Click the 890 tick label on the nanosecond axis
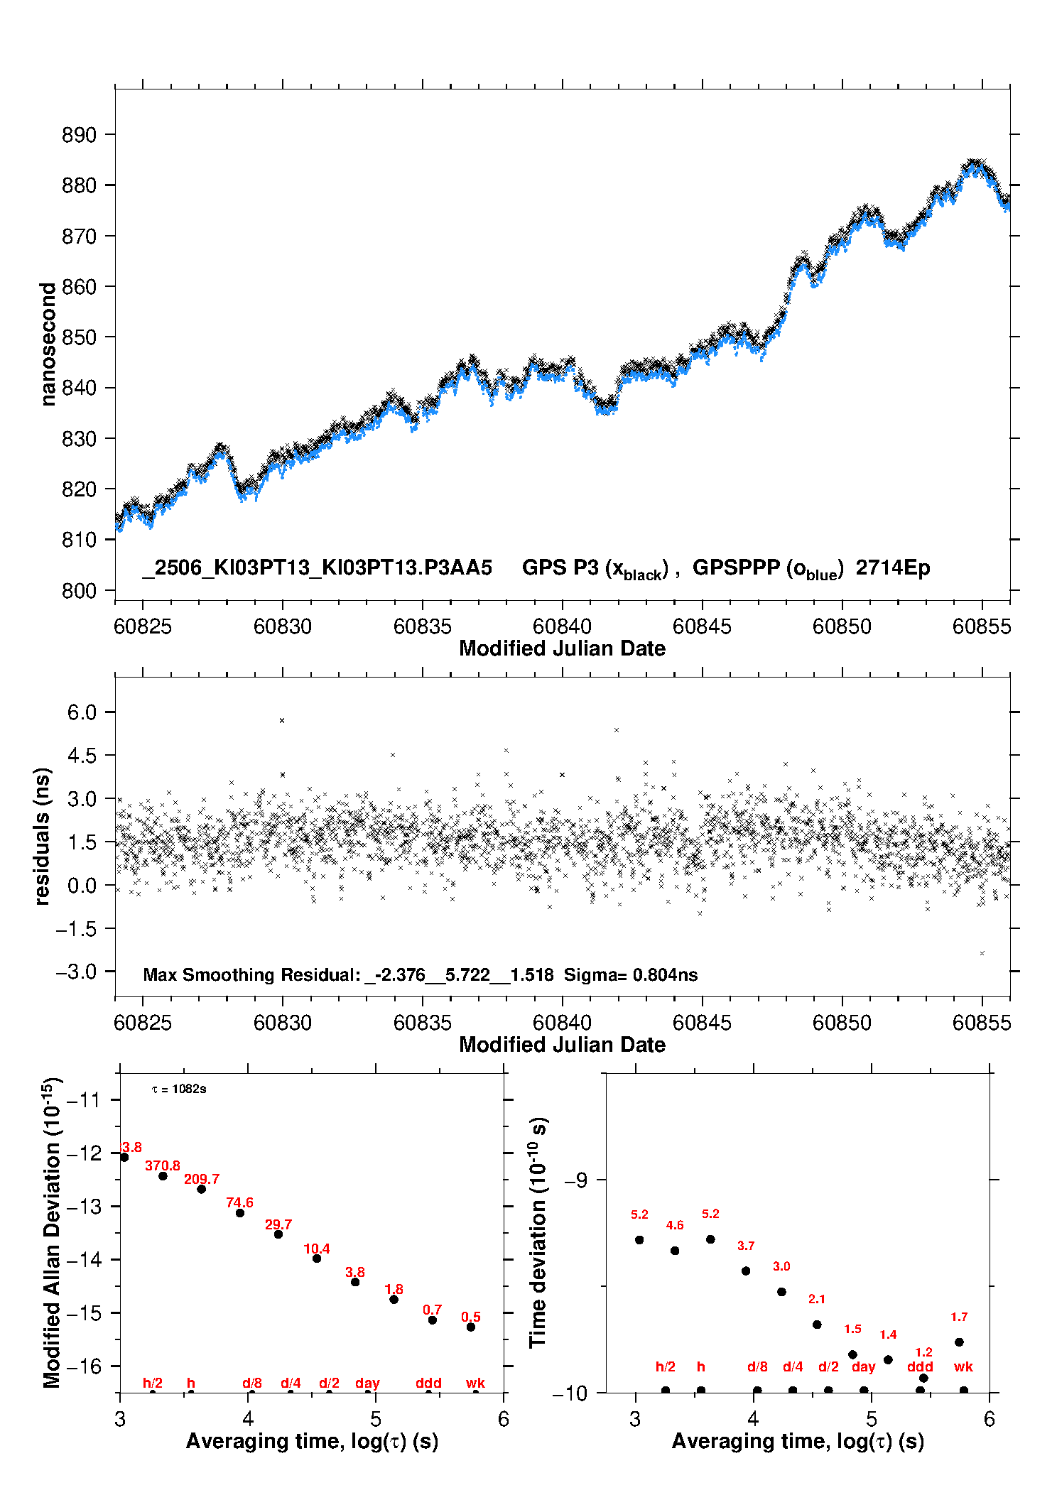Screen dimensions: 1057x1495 79,135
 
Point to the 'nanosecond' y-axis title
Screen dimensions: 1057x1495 48,344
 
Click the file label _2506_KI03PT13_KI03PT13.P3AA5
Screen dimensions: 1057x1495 317,567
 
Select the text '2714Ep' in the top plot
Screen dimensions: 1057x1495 893,567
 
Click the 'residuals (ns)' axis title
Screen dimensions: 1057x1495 43,836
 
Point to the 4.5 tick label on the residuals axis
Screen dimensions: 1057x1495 82,756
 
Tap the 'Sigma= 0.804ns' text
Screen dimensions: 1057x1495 631,974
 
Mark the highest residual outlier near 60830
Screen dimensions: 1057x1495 282,720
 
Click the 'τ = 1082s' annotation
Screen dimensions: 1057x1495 179,1089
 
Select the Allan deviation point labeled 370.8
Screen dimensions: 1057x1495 163,1176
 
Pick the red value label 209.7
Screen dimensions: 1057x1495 202,1179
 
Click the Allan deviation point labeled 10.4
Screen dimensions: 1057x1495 317,1258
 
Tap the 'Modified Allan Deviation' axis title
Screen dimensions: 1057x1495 52,1232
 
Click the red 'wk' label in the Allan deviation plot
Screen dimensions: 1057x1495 475,1383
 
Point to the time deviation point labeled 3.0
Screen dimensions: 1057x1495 781,1292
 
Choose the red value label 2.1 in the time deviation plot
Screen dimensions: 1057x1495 817,1299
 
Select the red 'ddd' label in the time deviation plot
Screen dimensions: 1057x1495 920,1366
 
